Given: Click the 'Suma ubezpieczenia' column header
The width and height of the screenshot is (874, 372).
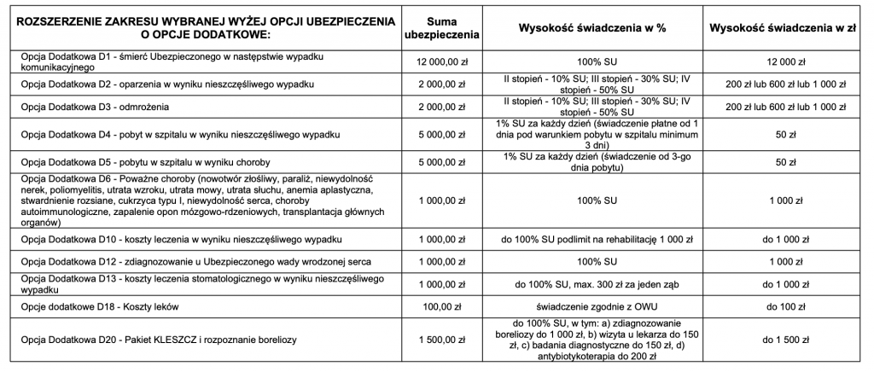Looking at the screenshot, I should [x=440, y=27].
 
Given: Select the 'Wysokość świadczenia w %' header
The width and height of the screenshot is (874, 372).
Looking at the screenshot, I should [x=591, y=27].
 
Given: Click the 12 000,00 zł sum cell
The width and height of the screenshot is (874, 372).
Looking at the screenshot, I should [x=440, y=61].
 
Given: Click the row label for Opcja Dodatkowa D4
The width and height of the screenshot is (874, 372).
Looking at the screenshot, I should [x=180, y=135].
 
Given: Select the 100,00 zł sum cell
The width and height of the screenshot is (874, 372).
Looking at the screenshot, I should [x=440, y=305].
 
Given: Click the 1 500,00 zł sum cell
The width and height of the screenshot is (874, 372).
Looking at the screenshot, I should [x=440, y=340].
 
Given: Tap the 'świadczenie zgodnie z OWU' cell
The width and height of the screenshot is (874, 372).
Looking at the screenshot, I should [x=591, y=305].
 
